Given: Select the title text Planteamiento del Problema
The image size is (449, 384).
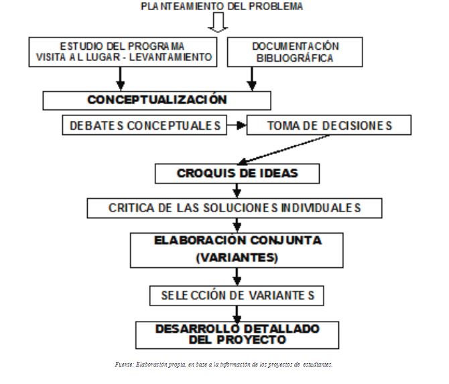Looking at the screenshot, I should tap(222, 6).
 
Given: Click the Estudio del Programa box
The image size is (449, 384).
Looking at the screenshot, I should tap(124, 52).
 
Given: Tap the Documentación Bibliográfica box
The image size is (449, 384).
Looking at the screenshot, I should tap(296, 52).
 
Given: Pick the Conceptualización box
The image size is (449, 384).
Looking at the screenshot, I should tap(157, 100).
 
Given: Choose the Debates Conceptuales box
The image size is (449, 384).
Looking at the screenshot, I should tap(144, 126).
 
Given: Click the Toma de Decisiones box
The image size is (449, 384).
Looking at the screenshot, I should tap(329, 126).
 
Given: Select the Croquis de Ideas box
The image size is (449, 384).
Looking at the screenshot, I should tap(237, 173).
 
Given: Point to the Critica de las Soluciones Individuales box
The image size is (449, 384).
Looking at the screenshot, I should tap(235, 207).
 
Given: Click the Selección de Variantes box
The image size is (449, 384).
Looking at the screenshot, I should tap(237, 295).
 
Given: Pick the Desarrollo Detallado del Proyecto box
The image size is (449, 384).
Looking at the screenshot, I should tap(237, 334).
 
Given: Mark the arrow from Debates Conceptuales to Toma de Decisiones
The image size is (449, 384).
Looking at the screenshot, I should tap(237, 125).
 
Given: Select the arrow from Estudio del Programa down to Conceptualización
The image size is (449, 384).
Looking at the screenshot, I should tap(121, 79).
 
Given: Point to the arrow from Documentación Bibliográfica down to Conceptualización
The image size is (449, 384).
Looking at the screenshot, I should tap(252, 79).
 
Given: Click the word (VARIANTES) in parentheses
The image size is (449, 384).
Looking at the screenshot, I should tap(237, 257).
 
